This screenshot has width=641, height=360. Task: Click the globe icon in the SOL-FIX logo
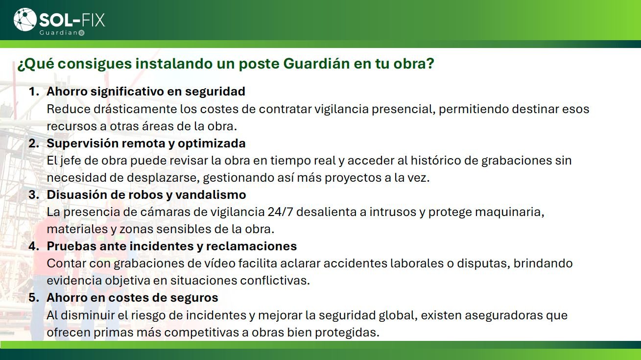25,20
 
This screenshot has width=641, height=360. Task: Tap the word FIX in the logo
94,20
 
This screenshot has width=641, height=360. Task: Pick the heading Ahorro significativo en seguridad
146,92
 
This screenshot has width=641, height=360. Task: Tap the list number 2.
34,143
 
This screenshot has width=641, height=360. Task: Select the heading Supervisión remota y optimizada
146,143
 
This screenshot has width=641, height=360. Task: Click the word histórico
436,160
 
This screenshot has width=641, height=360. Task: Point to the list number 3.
34,194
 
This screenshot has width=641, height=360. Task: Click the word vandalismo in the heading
211,194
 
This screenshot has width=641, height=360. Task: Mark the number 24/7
281,212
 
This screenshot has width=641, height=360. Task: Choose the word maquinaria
510,213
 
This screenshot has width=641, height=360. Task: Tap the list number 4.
34,246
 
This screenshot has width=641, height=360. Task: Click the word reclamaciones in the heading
252,246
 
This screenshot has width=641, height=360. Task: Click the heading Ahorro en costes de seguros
133,298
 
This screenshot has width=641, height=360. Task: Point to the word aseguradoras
504,315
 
